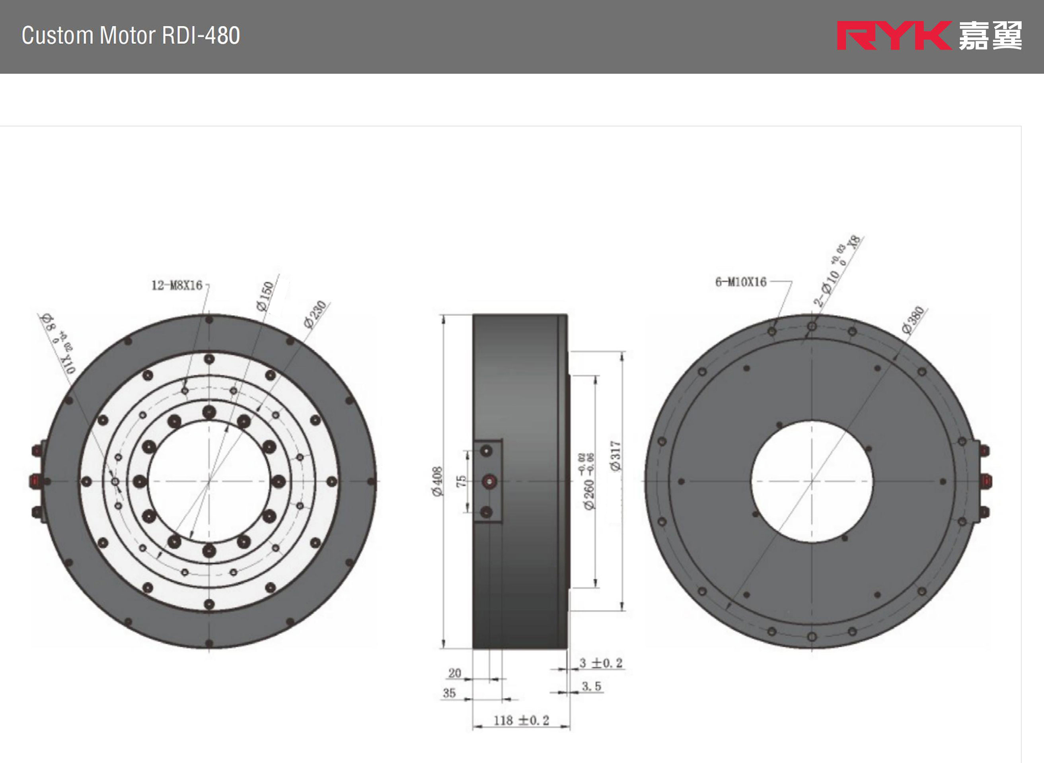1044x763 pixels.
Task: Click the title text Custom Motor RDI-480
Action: [x=131, y=35]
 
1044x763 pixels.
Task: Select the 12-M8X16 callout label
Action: [x=177, y=285]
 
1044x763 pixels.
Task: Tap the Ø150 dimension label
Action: [x=265, y=296]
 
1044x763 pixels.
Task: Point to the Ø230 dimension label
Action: [x=315, y=314]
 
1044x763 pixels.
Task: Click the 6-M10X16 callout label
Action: [x=740, y=282]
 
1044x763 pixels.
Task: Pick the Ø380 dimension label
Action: [x=913, y=320]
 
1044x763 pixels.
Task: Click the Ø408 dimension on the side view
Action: [x=437, y=482]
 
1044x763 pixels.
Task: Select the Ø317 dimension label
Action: [x=615, y=456]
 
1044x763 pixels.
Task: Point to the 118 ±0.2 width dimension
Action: [x=521, y=720]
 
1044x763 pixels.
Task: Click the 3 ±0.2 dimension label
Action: [x=601, y=663]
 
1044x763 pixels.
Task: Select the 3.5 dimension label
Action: [x=591, y=686]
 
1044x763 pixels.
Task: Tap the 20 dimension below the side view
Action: [x=454, y=673]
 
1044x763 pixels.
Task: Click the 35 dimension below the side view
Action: [x=449, y=693]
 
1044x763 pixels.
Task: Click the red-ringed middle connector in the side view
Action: [x=489, y=482]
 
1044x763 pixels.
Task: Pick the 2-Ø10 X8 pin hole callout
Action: [x=836, y=272]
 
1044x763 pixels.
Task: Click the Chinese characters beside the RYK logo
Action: [x=990, y=35]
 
